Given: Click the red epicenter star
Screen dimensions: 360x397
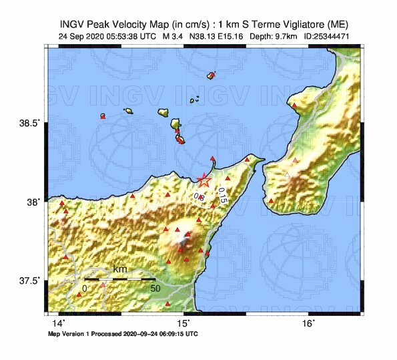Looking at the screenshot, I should point(205,180).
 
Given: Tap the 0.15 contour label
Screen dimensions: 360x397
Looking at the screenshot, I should point(223,196).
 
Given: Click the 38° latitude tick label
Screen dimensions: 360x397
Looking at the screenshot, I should point(33,202).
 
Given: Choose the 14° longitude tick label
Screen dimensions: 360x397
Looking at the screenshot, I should point(59,324).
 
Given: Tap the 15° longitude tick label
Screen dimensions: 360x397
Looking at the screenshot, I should point(183,324).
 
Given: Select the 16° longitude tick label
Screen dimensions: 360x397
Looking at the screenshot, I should point(308,324).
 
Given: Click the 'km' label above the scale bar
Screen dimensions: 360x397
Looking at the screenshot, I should point(119,269).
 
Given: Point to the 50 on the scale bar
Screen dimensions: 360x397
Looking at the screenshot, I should point(155,289).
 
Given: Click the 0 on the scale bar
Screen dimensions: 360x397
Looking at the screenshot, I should point(84,289).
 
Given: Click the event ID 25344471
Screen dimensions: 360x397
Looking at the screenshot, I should point(327,36).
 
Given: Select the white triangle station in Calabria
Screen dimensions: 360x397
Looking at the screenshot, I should point(287,174).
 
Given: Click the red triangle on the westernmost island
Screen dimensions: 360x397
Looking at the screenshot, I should point(103,116).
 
